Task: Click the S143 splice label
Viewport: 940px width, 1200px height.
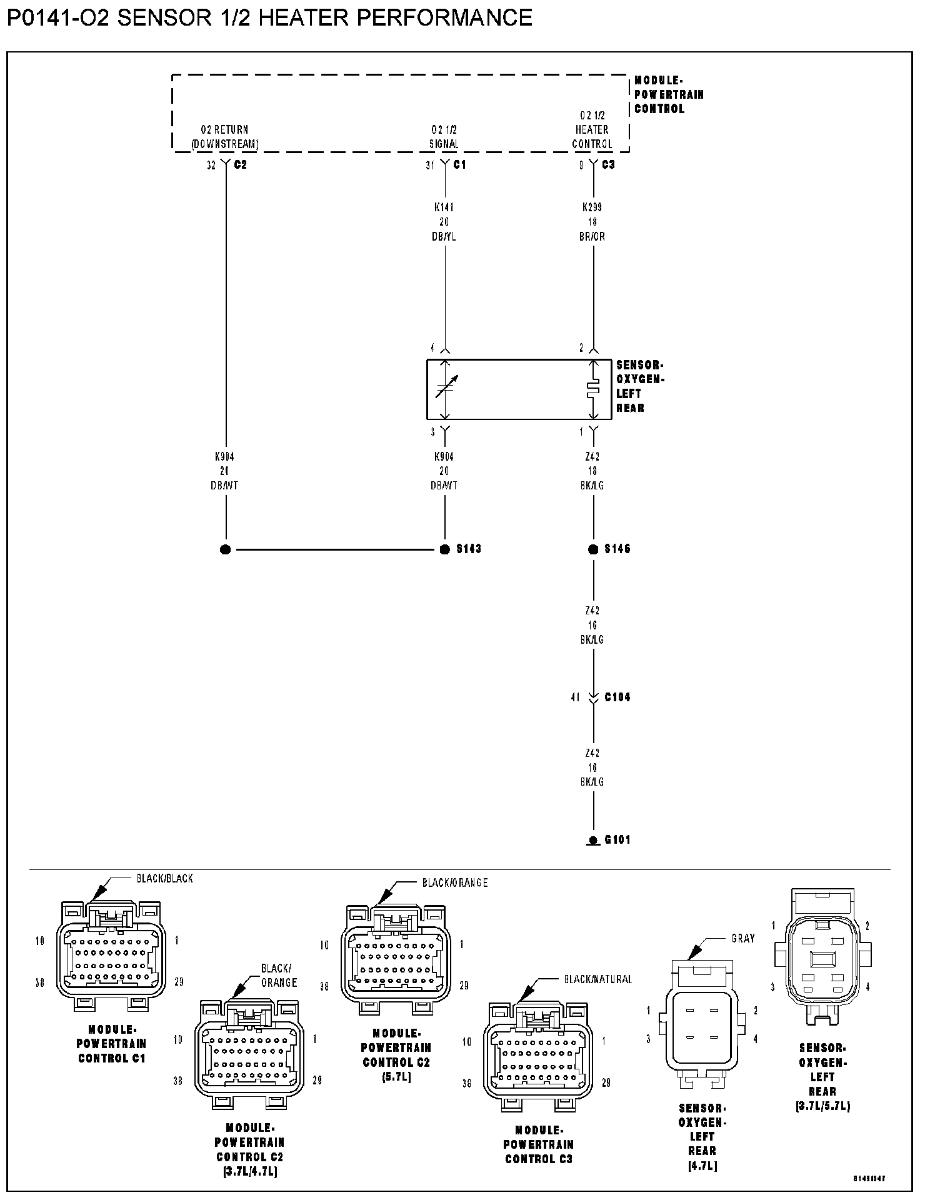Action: [x=468, y=549]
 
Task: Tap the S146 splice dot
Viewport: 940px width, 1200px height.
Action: [x=593, y=549]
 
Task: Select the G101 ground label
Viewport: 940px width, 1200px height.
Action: [x=617, y=839]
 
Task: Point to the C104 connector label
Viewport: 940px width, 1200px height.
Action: [x=617, y=697]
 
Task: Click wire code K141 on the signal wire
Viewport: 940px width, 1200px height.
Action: [x=444, y=207]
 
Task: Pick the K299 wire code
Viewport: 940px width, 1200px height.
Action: [x=592, y=207]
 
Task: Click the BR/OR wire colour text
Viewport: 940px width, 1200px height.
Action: [x=592, y=237]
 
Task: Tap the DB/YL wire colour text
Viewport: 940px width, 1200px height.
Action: [x=444, y=237]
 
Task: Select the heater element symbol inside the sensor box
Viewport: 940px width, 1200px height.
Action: [x=592, y=389]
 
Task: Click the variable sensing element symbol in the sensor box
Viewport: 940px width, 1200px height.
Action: [x=446, y=387]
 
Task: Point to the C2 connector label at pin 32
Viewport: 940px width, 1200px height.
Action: [x=240, y=165]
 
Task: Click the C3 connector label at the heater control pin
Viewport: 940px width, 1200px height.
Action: [x=608, y=165]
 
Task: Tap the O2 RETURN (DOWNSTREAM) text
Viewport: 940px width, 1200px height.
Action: [x=224, y=137]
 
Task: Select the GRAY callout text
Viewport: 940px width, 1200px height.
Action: [x=743, y=938]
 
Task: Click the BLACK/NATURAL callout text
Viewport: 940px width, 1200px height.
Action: [x=597, y=979]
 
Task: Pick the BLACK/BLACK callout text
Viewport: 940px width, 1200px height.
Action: [x=164, y=878]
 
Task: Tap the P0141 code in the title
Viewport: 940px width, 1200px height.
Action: [x=38, y=17]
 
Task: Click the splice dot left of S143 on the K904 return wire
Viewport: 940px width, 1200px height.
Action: [x=226, y=549]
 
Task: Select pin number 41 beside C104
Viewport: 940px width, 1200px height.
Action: [x=575, y=697]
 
